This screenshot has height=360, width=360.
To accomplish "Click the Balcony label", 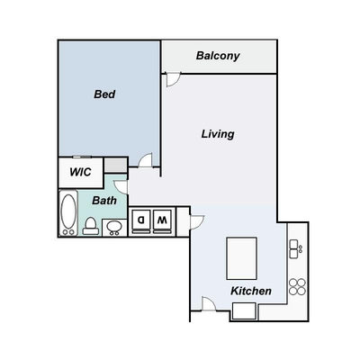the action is click(218, 56).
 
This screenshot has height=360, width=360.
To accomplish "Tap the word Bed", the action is click(104, 94).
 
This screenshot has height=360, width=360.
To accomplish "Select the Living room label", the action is click(218, 134).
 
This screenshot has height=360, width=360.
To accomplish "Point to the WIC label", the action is click(80, 172).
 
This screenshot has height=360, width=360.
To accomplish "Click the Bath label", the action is click(104, 201).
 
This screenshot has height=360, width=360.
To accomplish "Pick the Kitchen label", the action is click(251, 291).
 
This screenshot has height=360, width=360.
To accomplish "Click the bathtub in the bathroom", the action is click(68, 213).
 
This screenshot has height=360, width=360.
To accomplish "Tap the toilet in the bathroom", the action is click(91, 227).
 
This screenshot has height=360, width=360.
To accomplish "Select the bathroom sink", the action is click(114, 228).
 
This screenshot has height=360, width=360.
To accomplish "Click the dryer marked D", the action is click(141, 221).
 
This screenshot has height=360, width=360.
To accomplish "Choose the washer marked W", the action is click(162, 221).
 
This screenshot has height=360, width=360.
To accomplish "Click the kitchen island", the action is click(241, 258).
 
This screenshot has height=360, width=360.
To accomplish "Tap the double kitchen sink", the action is click(295, 249).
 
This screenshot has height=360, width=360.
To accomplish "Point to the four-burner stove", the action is click(297, 286).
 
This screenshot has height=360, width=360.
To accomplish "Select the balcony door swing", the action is click(172, 79).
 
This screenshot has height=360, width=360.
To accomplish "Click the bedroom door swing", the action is click(146, 160).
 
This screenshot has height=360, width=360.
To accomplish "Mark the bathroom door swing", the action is click(121, 187).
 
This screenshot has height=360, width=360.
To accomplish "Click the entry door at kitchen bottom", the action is click(209, 303).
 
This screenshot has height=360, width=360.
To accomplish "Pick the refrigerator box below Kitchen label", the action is click(245, 311).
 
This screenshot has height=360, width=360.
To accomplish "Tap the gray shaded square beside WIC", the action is click(115, 166).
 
